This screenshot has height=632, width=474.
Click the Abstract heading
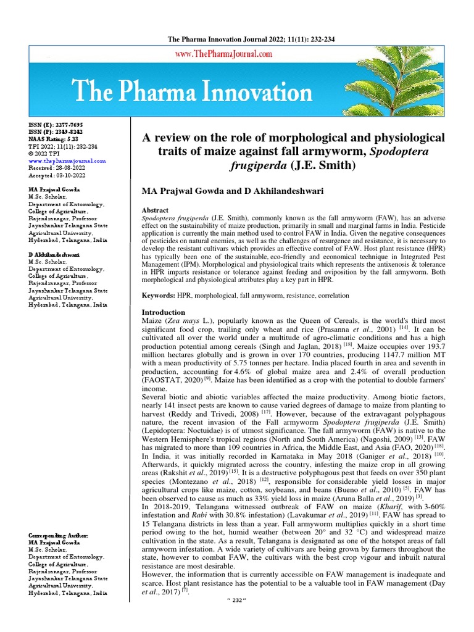tap(156, 210)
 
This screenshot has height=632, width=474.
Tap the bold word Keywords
tap(159, 296)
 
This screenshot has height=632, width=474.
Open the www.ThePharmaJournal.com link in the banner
tap(224, 54)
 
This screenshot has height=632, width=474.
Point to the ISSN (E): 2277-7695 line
tap(56, 125)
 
